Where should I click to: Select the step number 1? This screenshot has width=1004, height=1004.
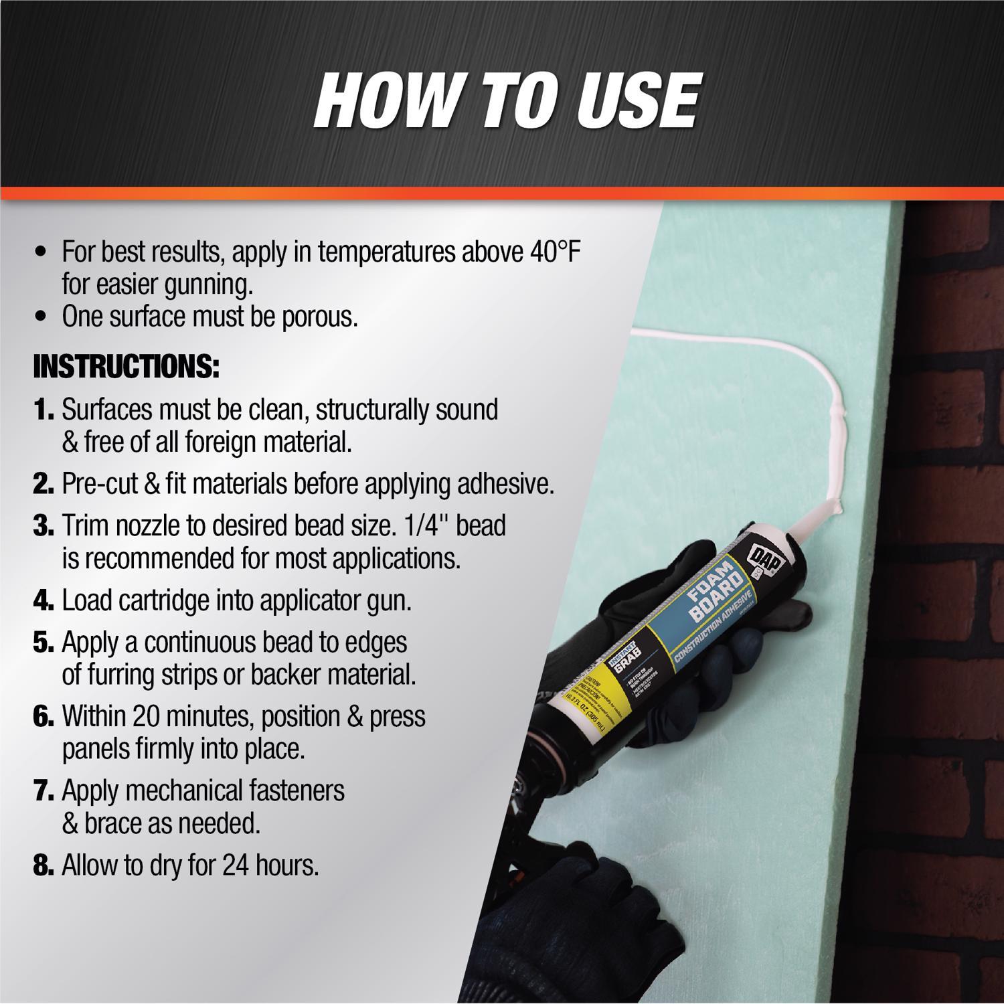[43, 410]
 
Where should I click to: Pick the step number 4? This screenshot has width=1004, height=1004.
[43, 601]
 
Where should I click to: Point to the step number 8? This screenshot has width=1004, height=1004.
[43, 865]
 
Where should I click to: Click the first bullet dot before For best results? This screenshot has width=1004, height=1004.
[43, 254]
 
